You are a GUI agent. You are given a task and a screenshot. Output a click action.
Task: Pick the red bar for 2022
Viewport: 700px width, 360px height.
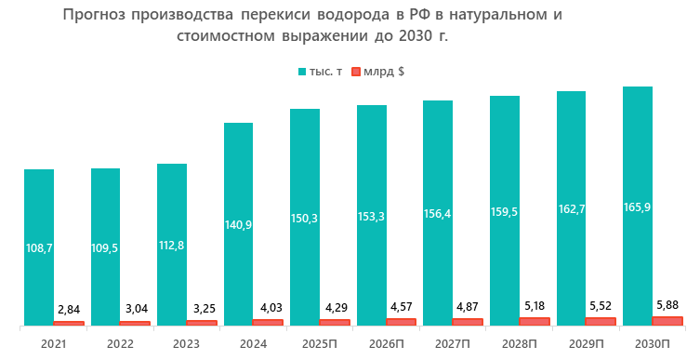135,323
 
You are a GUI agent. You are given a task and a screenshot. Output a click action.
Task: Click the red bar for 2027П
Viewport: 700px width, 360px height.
468,321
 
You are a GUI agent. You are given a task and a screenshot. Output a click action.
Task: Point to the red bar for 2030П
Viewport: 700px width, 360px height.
667,320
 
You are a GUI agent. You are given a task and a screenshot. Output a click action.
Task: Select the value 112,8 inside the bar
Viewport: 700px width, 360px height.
172,247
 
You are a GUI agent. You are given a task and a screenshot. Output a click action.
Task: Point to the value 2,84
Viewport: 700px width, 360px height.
70,308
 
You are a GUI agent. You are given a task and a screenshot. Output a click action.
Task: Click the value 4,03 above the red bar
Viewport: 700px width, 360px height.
269,306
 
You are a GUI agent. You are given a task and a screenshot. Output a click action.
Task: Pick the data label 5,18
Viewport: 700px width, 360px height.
535,304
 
